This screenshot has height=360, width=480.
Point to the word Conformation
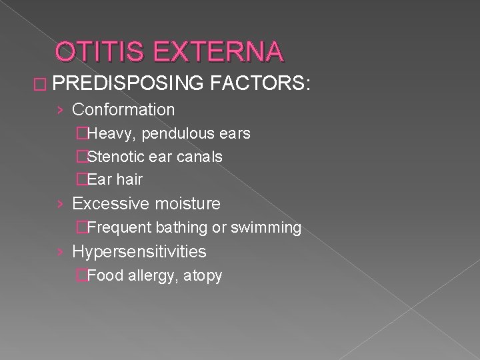pyautogui.click(x=123, y=109)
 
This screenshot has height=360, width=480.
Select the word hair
pyautogui.click(x=130, y=179)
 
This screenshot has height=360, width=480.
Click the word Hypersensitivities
pyautogui.click(x=139, y=251)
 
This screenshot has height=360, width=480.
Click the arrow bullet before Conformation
pyautogui.click(x=61, y=110)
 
